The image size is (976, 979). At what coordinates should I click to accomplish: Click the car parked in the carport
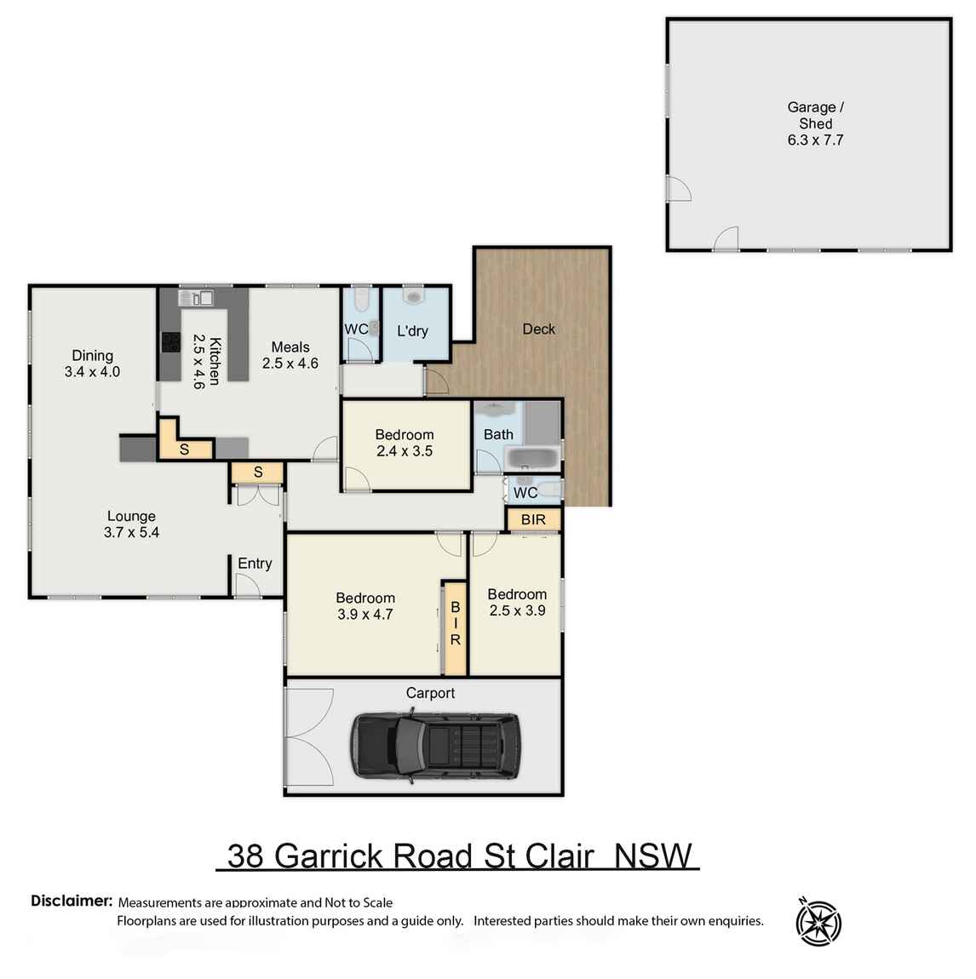435,747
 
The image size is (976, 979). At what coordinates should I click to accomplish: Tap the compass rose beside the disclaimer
818,922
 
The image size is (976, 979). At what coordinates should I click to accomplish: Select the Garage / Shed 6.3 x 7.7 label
815,123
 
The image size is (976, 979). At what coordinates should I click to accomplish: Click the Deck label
538,329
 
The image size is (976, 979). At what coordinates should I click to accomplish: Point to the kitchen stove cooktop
171,341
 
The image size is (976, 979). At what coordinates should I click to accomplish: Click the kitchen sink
197,298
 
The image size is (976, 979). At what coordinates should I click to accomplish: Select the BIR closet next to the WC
533,519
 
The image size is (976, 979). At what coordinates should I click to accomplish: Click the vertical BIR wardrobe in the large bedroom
455,623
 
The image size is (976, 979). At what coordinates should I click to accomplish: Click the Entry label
255,563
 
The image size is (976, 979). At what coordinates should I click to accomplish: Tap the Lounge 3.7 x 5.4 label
131,524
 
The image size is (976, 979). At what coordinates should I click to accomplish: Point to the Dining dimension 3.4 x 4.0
92,372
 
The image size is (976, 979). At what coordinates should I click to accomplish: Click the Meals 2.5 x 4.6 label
290,355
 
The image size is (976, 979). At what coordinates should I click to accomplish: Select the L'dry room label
412,330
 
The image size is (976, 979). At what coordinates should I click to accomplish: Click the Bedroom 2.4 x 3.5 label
405,443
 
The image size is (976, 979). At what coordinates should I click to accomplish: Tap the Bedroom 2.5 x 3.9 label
517,602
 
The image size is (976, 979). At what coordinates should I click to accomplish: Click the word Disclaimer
72,901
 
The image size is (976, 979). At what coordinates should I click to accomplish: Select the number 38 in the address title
245,856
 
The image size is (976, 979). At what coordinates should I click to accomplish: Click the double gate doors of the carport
309,736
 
